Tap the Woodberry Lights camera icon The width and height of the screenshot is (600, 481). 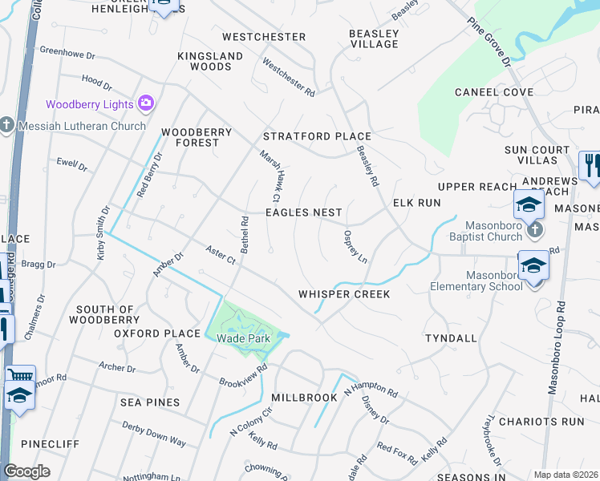(145, 103)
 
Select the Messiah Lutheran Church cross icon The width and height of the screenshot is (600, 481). (6, 125)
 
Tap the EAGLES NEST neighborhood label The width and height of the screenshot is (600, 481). (304, 212)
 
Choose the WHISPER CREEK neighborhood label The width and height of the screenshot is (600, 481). (344, 294)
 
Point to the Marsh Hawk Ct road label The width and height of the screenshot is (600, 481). (270, 176)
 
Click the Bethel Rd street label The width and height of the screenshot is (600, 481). (245, 233)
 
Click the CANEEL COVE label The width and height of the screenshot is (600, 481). (494, 92)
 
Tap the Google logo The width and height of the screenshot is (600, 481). (26, 471)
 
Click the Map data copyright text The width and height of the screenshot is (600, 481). (566, 475)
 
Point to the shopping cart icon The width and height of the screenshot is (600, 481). (20, 375)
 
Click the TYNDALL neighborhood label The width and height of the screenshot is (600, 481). (451, 338)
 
